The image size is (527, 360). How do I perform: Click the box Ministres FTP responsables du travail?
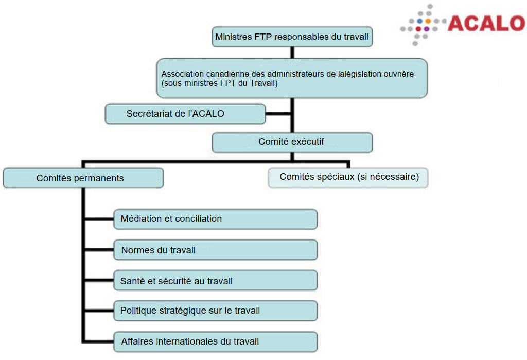point(292,37)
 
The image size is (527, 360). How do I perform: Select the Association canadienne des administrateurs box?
point(292,78)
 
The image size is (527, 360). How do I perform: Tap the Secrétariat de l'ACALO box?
point(185,114)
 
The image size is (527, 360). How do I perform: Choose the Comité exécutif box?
point(292,143)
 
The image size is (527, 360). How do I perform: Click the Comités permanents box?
point(83,178)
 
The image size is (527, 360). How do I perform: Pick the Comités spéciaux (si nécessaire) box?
point(348,178)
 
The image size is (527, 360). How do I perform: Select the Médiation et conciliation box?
point(215,219)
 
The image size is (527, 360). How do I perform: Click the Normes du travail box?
point(215,250)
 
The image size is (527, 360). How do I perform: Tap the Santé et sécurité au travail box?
point(215,281)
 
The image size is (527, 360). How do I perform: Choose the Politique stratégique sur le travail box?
point(215,311)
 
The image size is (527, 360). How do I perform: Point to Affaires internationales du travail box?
point(215,341)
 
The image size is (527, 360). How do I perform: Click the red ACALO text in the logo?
point(486,23)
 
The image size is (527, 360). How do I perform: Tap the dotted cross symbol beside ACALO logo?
point(423,24)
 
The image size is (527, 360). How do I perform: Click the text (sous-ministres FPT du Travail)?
point(220,83)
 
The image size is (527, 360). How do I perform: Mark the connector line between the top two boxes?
point(292,52)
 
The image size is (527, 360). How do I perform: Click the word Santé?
point(131,281)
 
